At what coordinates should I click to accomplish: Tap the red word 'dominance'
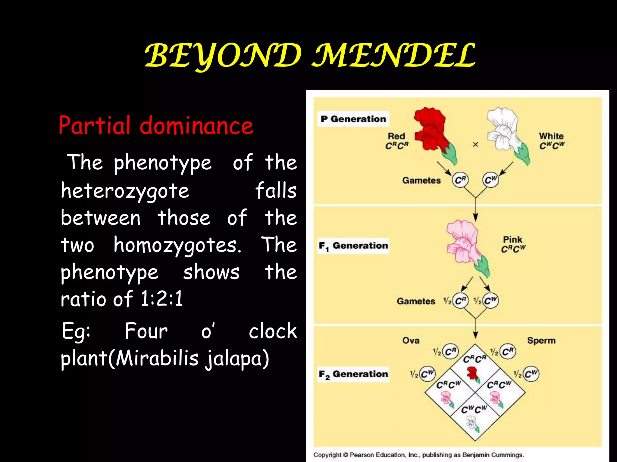tap(196, 125)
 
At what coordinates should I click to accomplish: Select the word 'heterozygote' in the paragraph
tap(125, 191)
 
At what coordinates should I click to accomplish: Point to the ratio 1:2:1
tap(162, 299)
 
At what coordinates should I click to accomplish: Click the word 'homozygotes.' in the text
tap(177, 245)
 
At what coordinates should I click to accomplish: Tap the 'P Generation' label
tap(353, 119)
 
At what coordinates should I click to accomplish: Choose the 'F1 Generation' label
tap(353, 246)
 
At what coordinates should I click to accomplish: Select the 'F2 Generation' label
tap(353, 374)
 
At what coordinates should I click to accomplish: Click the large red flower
tap(431, 129)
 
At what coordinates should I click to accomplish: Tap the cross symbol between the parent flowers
tap(475, 145)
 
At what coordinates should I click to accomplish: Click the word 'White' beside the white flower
tap(551, 136)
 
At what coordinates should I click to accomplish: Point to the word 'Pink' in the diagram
tap(512, 240)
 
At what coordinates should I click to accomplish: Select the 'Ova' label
tap(411, 340)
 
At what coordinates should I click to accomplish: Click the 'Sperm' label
tap(541, 340)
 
